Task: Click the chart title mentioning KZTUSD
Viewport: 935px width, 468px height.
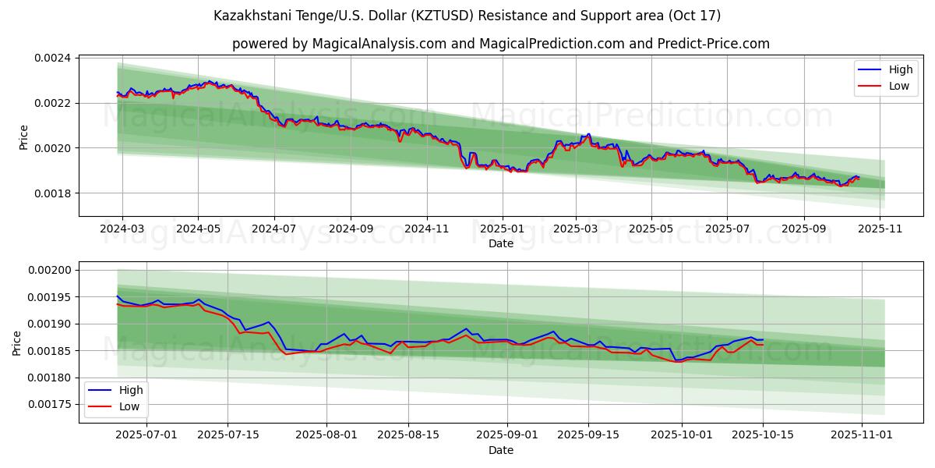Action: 467,16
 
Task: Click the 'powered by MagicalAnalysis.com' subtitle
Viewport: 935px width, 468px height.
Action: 500,44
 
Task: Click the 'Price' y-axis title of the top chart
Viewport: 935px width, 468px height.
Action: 23,137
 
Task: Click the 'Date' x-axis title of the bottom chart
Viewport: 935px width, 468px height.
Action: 500,450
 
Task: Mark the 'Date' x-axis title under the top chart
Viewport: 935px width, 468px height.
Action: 500,243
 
